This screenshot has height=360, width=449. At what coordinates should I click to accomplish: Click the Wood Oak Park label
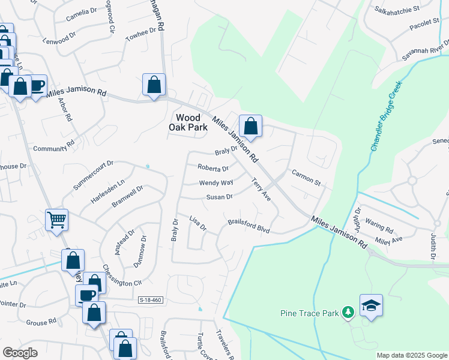(191, 122)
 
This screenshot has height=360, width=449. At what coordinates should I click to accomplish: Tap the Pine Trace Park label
(310, 313)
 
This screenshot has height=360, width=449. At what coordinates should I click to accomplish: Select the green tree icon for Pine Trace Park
(347, 312)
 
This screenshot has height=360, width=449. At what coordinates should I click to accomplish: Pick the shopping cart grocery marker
(56, 220)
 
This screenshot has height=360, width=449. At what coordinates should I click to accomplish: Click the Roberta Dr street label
(213, 169)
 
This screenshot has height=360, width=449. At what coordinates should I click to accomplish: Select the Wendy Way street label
(215, 183)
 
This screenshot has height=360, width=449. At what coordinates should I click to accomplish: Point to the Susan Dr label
(219, 197)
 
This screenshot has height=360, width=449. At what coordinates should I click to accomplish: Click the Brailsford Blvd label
(249, 226)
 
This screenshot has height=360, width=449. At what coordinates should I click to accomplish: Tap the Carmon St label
(307, 177)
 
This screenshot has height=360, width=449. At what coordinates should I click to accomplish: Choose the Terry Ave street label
(261, 189)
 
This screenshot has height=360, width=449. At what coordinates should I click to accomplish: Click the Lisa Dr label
(197, 223)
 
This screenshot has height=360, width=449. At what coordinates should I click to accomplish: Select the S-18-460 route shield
(150, 300)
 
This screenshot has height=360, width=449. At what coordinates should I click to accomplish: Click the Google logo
(20, 353)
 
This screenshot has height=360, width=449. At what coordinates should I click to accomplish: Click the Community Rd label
(53, 148)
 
